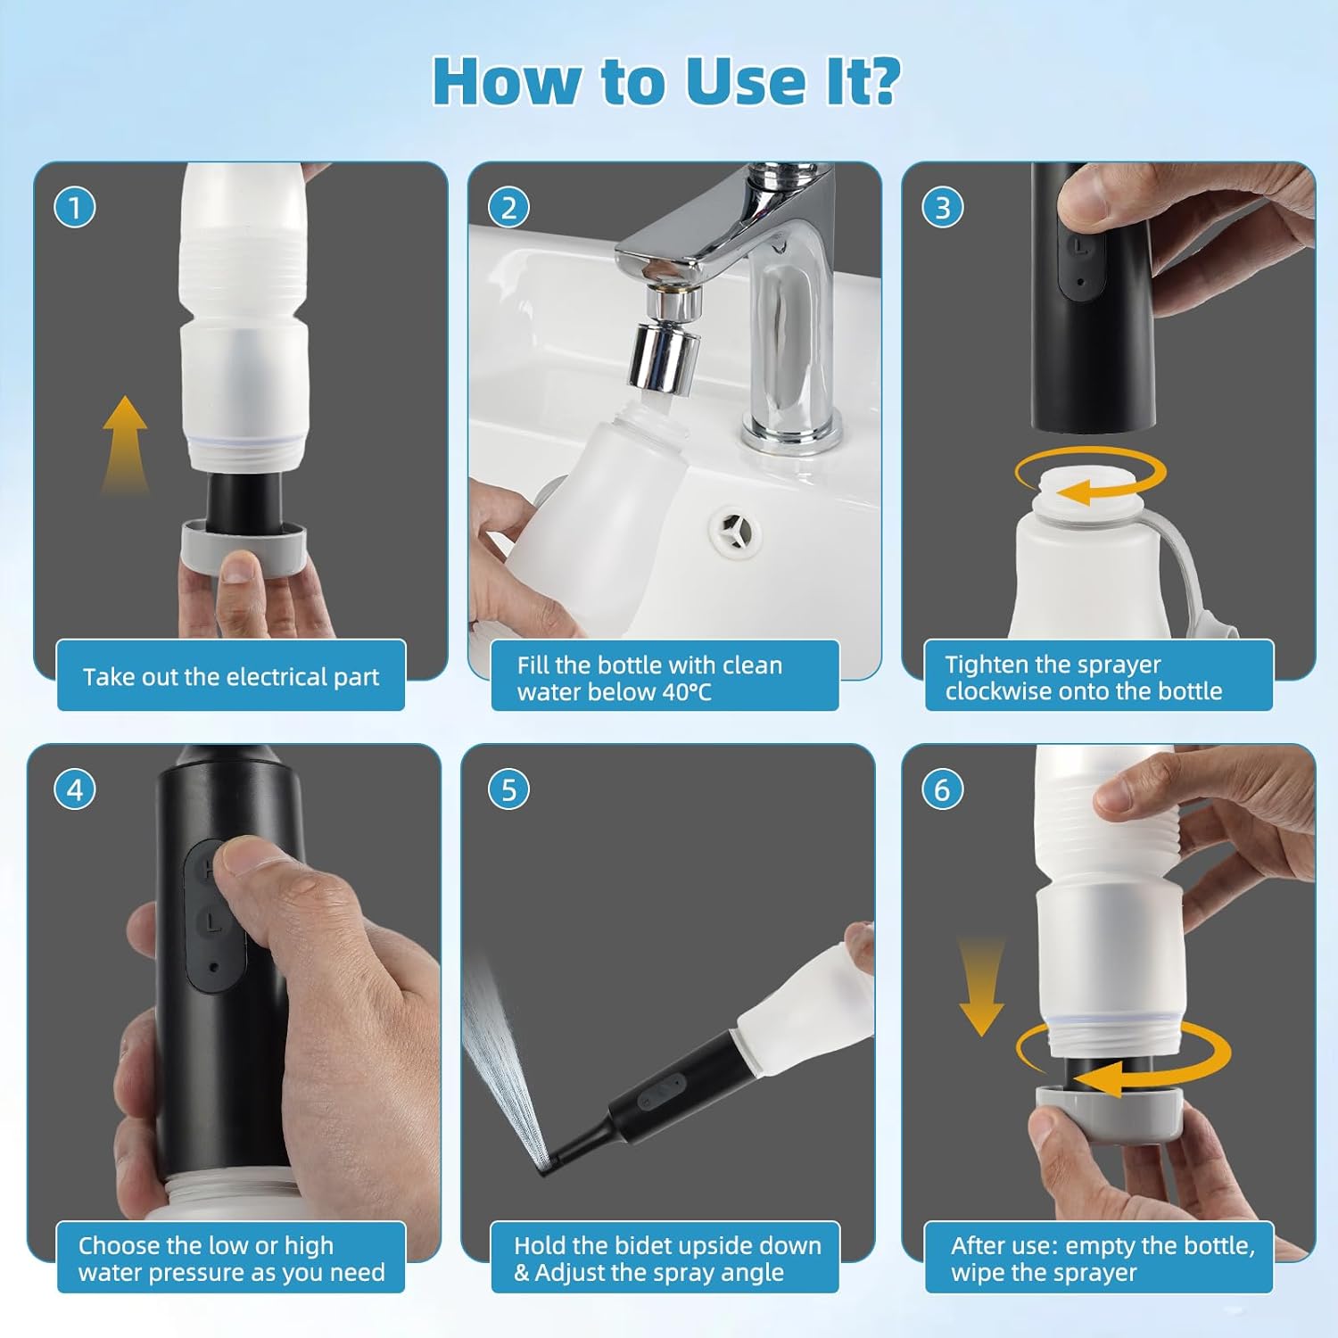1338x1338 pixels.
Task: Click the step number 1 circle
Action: pos(75,208)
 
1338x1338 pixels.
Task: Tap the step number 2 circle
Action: pos(508,208)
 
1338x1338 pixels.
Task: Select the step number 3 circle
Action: pos(943,208)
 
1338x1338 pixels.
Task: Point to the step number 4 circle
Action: pos(75,789)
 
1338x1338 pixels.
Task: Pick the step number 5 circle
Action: pos(508,789)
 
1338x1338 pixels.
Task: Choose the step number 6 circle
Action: pos(943,789)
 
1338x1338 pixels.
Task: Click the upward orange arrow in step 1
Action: pos(125,443)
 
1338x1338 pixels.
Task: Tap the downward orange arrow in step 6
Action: pos(981,986)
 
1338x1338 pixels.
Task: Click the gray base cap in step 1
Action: pos(244,542)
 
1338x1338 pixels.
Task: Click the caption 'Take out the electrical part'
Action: pos(231,677)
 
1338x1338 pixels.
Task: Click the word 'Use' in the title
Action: pos(746,82)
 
